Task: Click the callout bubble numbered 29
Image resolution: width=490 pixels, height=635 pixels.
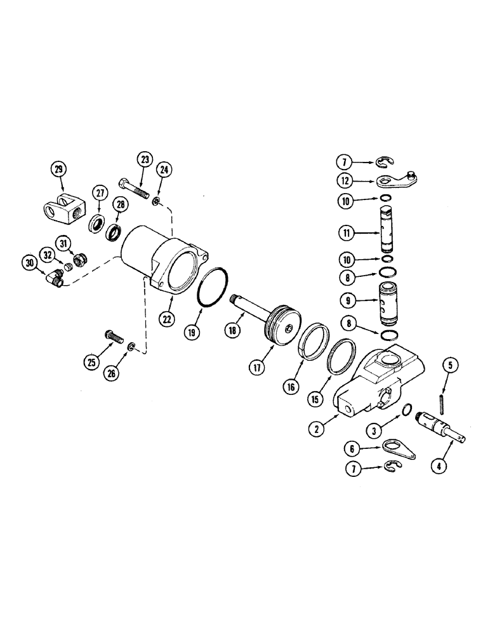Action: point(59,169)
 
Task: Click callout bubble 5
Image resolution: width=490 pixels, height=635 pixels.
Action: point(451,365)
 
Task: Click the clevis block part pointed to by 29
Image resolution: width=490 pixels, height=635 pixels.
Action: point(60,210)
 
